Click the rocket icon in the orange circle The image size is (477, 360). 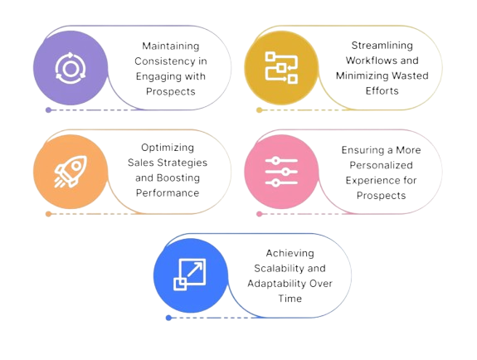pyautogui.click(x=71, y=172)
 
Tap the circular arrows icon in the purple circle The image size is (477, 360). pyautogui.click(x=71, y=68)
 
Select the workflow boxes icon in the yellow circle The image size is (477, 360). pyautogui.click(x=281, y=67)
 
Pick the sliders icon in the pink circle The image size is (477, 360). pyautogui.click(x=281, y=172)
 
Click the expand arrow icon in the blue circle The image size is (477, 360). pyautogui.click(x=190, y=275)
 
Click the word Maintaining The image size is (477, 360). pyautogui.click(x=171, y=46)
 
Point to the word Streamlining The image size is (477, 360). pyautogui.click(x=382, y=46)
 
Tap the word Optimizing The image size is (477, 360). pyautogui.click(x=168, y=148)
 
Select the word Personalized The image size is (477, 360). pyautogui.click(x=381, y=165)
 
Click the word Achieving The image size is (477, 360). pyautogui.click(x=290, y=253)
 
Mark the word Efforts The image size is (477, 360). pyautogui.click(x=382, y=90)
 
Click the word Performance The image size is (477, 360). pyautogui.click(x=168, y=192)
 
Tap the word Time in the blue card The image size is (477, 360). pyautogui.click(x=290, y=299)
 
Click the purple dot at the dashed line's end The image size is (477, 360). pyautogui.click(x=48, y=109)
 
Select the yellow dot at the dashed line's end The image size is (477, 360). pyautogui.click(x=259, y=109)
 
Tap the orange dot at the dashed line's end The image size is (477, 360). pyautogui.click(x=48, y=214)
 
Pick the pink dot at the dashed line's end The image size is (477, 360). pyautogui.click(x=259, y=214)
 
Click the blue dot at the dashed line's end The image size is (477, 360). pyautogui.click(x=168, y=318)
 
